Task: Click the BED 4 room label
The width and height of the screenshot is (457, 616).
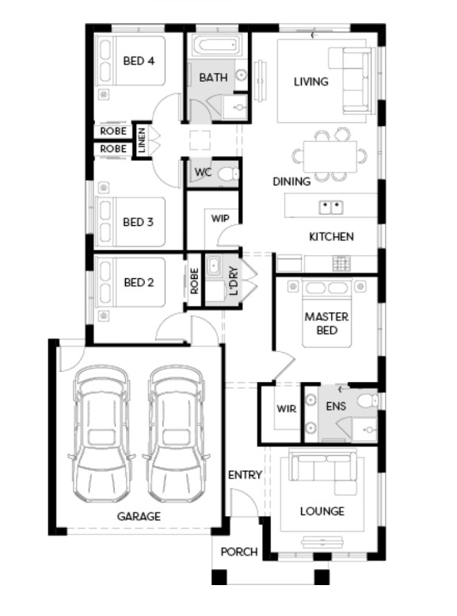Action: pos(139,61)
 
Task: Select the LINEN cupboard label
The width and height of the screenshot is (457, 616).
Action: pos(142,140)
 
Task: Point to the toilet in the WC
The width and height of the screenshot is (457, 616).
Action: pos(228,174)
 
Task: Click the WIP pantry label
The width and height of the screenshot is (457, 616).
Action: pos(220,218)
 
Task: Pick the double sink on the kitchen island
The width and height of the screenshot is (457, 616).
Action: pos(331,207)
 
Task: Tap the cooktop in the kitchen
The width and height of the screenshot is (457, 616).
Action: pos(341,263)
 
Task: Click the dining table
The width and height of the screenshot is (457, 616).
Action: pos(329,156)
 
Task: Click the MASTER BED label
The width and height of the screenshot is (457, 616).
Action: pos(326,323)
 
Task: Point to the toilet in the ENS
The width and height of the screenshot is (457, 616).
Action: pos(368,400)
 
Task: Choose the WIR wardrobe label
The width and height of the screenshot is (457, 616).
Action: pos(286,408)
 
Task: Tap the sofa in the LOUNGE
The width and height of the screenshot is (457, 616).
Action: pos(323,470)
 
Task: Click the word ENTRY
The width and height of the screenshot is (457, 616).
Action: pos(245,475)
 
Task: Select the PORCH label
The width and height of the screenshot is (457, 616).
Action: pos(239,552)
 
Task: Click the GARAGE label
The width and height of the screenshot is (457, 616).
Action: pos(139,516)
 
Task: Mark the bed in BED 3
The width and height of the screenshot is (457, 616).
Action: pos(131,221)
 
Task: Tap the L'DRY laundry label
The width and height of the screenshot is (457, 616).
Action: pos(234,281)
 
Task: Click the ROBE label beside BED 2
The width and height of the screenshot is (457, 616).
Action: pos(194,281)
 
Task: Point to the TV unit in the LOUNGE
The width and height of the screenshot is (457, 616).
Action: pos(322,543)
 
